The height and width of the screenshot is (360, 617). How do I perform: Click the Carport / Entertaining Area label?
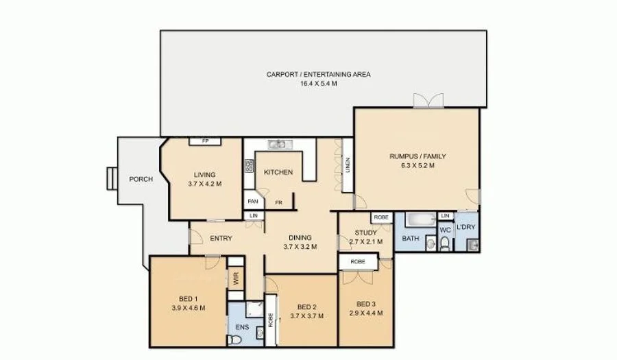tap(318, 74)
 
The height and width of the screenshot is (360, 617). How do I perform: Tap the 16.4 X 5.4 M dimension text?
tap(318, 83)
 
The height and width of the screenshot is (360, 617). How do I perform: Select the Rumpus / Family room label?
tap(413, 157)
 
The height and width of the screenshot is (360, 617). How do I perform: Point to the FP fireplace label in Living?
tap(205, 141)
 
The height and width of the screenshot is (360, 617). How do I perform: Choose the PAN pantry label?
tap(252, 202)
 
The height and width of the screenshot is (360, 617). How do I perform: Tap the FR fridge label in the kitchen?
tap(279, 202)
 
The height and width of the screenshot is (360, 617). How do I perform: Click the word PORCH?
tap(141, 180)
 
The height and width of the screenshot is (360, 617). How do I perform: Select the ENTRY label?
tap(221, 239)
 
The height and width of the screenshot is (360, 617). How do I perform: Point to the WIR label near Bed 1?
tap(236, 278)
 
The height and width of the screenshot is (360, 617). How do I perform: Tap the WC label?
tap(444, 230)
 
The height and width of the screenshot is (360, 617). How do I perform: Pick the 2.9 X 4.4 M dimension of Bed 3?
tap(365, 313)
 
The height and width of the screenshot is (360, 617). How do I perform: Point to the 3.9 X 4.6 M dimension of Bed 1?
tap(187, 307)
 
